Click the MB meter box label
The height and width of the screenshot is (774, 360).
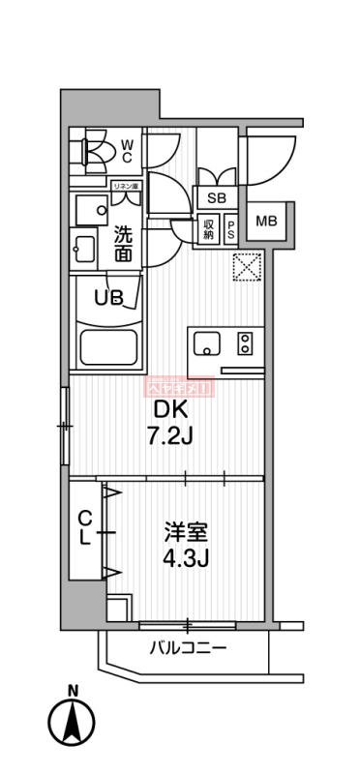265,222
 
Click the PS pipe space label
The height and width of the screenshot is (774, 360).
231,229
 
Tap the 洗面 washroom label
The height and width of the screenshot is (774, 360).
123,243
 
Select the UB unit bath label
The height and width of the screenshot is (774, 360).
108,297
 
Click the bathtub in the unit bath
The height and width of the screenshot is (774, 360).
109,345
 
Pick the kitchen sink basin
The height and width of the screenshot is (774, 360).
208,343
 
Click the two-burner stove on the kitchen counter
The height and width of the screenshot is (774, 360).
245,343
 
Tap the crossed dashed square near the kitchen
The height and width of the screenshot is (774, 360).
246,266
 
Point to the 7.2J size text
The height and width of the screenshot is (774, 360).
170,437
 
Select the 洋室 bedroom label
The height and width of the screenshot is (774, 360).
183,533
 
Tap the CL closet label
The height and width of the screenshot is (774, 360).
85,530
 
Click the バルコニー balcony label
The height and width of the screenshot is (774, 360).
188,647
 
